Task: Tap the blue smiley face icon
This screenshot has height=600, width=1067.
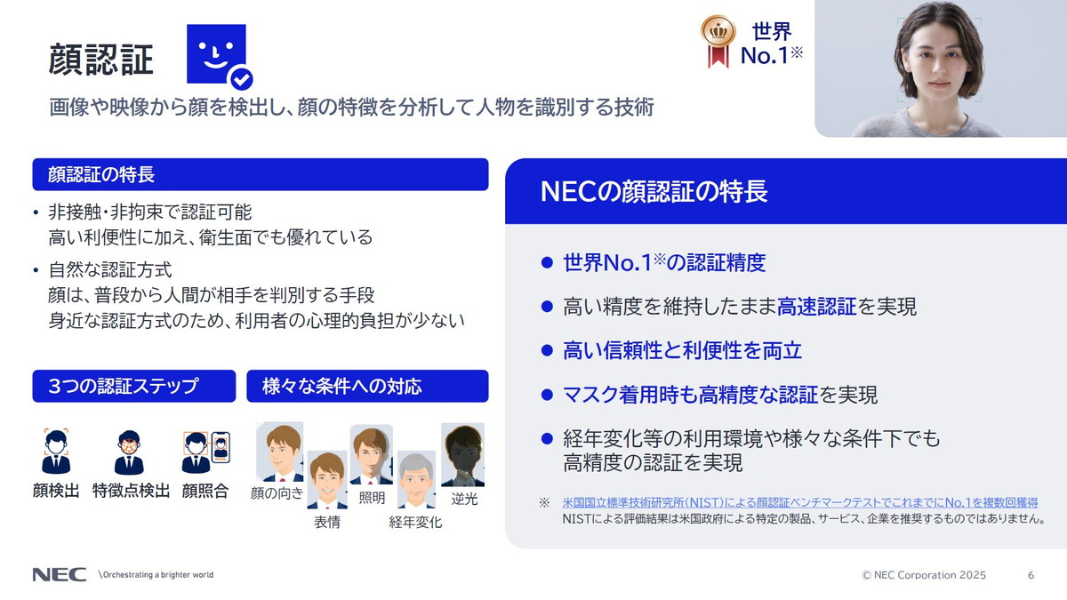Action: tap(216, 55)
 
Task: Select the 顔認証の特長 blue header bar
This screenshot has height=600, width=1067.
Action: tap(260, 174)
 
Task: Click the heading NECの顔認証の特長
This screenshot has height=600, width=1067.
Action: tap(654, 192)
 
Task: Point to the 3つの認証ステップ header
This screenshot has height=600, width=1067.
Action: tap(134, 387)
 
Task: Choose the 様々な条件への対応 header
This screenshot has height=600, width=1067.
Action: tap(367, 387)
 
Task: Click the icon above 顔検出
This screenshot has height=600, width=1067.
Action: tap(56, 452)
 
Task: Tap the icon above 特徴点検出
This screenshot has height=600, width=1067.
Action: tap(130, 452)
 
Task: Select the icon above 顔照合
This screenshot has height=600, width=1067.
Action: tap(205, 452)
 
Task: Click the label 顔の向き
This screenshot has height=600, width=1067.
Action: tap(277, 493)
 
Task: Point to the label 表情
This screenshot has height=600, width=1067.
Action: tap(327, 523)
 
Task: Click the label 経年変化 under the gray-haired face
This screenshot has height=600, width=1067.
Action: tap(415, 523)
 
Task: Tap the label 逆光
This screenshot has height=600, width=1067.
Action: tap(464, 499)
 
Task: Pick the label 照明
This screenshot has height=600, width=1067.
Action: tap(372, 498)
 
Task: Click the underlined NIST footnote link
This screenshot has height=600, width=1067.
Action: tap(800, 503)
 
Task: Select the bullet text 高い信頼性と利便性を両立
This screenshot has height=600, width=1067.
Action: tap(682, 351)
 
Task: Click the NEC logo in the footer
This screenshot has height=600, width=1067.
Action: tap(60, 575)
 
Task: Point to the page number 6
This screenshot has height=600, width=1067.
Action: tap(1031, 575)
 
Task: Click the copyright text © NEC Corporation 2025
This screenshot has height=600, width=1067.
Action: tap(924, 575)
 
